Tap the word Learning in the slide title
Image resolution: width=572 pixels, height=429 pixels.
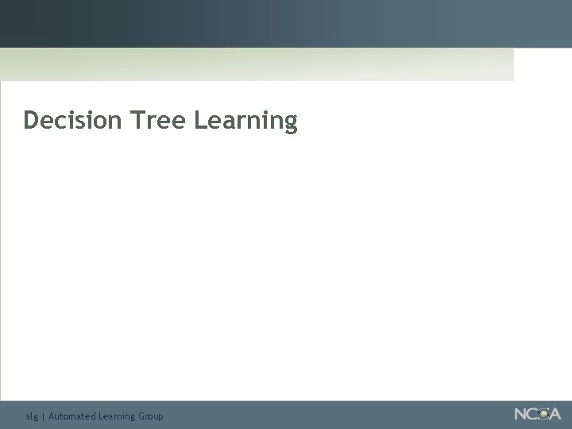(x=245, y=122)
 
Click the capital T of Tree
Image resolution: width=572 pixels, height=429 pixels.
(x=137, y=121)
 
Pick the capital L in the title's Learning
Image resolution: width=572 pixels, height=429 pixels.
(x=200, y=121)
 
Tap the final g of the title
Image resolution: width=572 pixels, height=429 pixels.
(x=290, y=124)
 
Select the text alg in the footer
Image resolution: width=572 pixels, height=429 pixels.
(x=31, y=416)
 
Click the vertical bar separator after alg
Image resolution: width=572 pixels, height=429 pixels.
(x=43, y=416)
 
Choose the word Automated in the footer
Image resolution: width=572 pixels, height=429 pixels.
(x=71, y=415)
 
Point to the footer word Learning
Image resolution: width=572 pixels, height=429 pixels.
(x=116, y=416)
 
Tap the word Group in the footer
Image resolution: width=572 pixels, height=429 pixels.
(x=151, y=416)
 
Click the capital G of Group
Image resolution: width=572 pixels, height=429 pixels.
(x=142, y=415)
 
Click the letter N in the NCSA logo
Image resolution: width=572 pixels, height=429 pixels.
(x=521, y=414)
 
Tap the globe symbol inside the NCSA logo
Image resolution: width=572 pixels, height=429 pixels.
(x=543, y=414)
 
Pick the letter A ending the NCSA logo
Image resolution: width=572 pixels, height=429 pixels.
(x=555, y=414)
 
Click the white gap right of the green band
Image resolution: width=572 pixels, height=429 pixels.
(x=543, y=64)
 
